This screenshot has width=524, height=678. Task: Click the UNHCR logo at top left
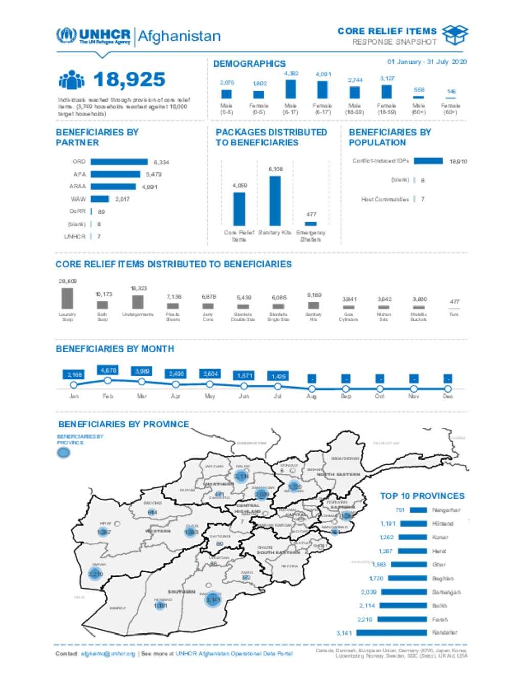[93, 36]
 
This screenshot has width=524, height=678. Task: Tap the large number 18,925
[129, 80]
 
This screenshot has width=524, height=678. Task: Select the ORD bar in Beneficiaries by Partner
[119, 162]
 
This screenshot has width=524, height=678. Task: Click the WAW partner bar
[100, 199]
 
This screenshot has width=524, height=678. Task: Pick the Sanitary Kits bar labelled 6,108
[275, 201]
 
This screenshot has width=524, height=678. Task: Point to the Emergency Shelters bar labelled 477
[311, 224]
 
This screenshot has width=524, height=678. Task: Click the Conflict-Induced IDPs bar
[428, 161]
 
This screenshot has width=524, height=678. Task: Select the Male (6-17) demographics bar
[290, 89]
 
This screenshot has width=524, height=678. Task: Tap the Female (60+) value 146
[451, 92]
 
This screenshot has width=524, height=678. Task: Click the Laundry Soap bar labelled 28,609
[67, 298]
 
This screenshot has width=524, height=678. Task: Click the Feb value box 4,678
[108, 370]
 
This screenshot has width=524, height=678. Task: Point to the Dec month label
[448, 396]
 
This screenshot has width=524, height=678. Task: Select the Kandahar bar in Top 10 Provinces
[391, 632]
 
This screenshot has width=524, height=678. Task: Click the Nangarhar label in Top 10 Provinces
[446, 510]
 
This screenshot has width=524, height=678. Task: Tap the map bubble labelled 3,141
[212, 599]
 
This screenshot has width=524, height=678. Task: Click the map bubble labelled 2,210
[96, 574]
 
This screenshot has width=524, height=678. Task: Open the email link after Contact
[108, 654]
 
